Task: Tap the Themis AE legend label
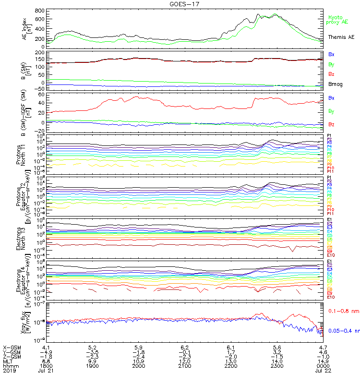tap(341, 36)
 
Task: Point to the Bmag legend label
tap(335, 84)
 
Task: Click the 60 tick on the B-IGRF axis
tap(41, 95)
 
